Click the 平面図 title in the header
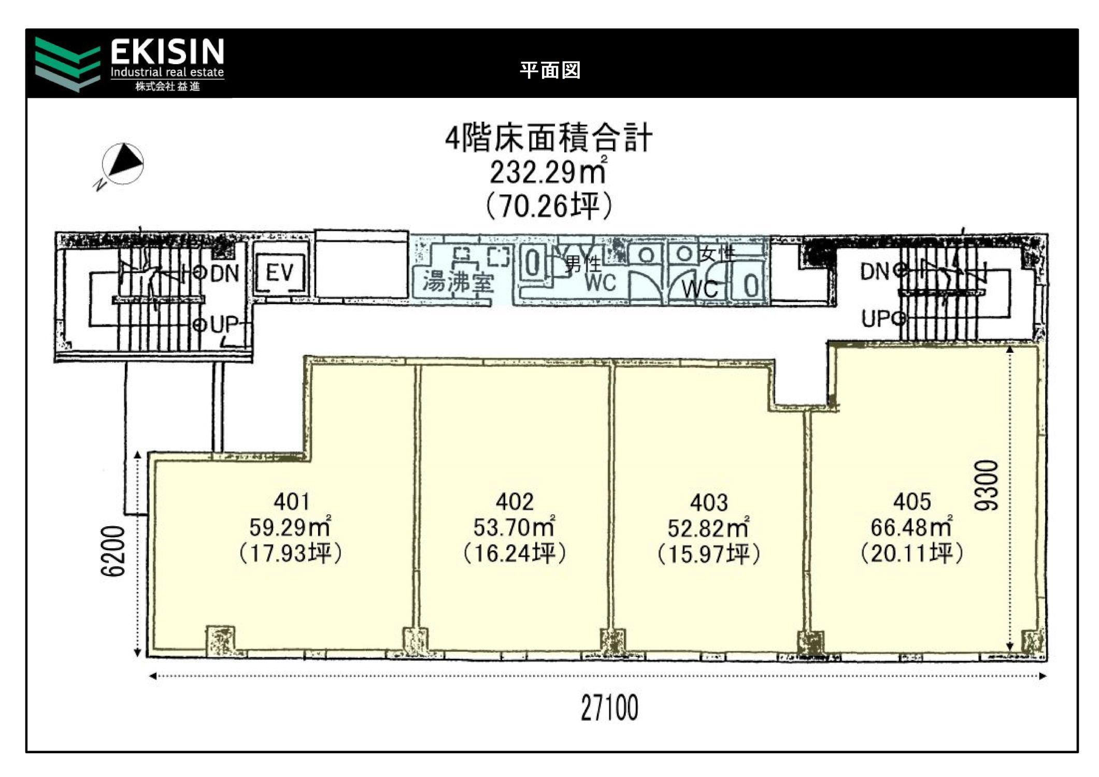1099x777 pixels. tap(550, 70)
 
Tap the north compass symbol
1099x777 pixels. tap(122, 164)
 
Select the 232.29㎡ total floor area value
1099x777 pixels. tap(548, 171)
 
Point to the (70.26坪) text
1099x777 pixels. tap(549, 206)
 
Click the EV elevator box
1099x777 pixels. tap(280, 272)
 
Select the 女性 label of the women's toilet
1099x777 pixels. tap(718, 253)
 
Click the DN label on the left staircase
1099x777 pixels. tap(225, 273)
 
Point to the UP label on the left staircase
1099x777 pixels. tap(224, 324)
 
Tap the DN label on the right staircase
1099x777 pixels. tap(875, 271)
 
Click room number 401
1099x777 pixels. tap(292, 501)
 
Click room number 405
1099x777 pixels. tap(912, 501)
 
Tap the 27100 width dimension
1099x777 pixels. tap(609, 708)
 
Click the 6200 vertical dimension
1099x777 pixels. tap(113, 551)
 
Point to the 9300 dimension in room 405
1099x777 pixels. tap(986, 485)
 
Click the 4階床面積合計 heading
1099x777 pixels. tap(549, 138)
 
